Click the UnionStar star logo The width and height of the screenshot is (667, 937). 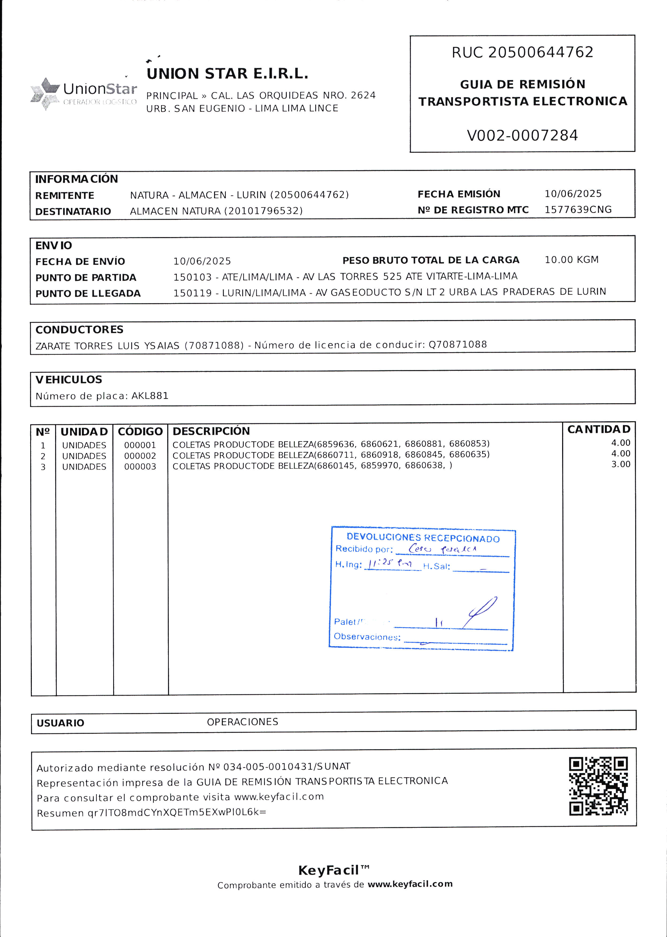tap(45, 93)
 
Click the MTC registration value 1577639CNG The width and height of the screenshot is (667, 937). tap(578, 210)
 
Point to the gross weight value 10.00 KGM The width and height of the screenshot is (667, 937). tap(571, 260)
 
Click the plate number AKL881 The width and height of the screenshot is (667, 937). tap(150, 395)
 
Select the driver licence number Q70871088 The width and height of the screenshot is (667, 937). tap(458, 344)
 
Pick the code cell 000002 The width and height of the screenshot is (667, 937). tap(140, 456)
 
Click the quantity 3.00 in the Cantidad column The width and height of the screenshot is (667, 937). tap(621, 464)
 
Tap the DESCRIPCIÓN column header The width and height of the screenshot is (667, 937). tap(211, 431)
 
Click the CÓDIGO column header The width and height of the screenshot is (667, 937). tap(140, 431)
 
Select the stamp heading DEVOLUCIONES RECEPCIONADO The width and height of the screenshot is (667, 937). tap(423, 538)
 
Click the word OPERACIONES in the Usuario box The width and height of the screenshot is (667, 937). tap(242, 722)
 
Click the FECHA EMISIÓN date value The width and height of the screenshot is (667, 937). tap(573, 193)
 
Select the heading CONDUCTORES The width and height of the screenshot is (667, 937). tap(79, 329)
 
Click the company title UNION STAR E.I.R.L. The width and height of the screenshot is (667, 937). tap(227, 74)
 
